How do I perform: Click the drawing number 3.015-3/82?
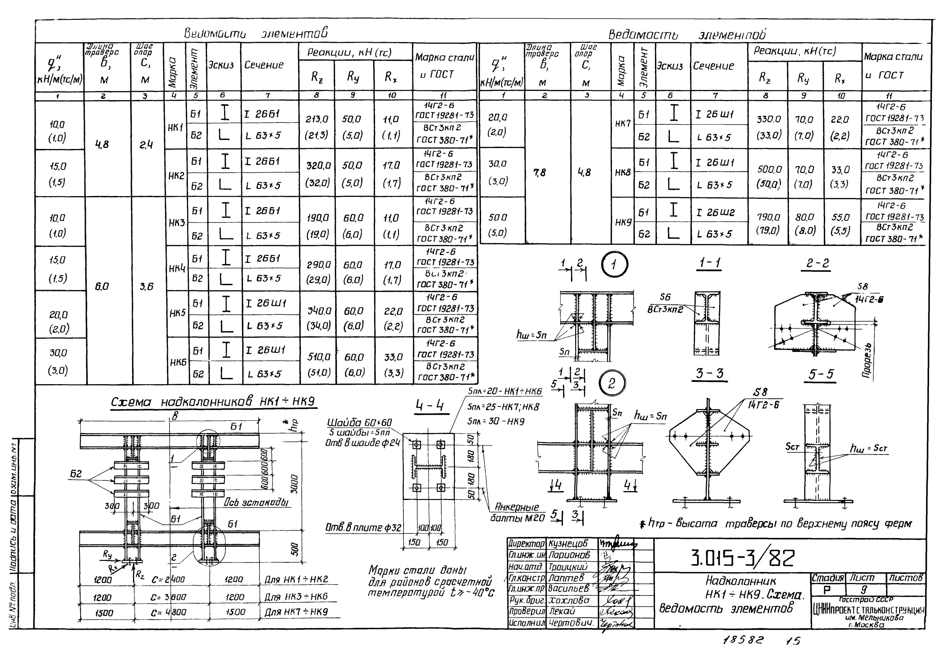[x=743, y=558]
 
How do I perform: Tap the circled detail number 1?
[x=614, y=265]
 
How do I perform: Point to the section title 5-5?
[x=821, y=374]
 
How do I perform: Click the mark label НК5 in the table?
[x=178, y=313]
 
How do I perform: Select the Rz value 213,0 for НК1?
[x=316, y=119]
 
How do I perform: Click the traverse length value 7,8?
[x=540, y=173]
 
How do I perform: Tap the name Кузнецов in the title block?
[x=568, y=544]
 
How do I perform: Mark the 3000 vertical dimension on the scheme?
[x=294, y=485]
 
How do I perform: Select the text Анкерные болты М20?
[x=517, y=513]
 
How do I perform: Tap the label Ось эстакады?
[x=256, y=503]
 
